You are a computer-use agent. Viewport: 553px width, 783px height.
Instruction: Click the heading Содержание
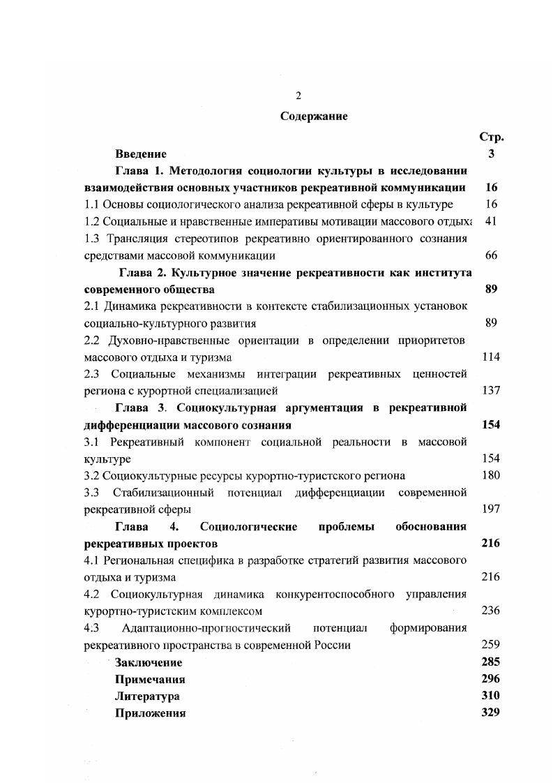pos(314,117)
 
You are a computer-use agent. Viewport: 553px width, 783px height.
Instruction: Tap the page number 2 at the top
pos(298,96)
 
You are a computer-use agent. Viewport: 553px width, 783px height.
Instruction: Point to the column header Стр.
pos(491,137)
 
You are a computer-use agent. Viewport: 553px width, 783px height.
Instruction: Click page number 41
pos(490,221)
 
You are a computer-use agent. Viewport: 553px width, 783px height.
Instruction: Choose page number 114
pos(491,357)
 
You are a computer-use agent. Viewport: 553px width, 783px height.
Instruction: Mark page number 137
pos(491,391)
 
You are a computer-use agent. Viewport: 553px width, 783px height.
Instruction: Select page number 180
pos(491,475)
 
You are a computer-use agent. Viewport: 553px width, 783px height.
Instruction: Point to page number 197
pos(491,509)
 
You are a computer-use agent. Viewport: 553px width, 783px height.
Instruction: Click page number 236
pos(491,611)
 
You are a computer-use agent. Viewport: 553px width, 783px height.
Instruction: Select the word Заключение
pos(149,662)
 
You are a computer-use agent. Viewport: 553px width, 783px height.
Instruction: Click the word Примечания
pos(150,679)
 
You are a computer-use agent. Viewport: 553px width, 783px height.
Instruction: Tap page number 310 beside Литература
pos(491,696)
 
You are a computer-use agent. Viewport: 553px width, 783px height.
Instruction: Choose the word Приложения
pos(150,713)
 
